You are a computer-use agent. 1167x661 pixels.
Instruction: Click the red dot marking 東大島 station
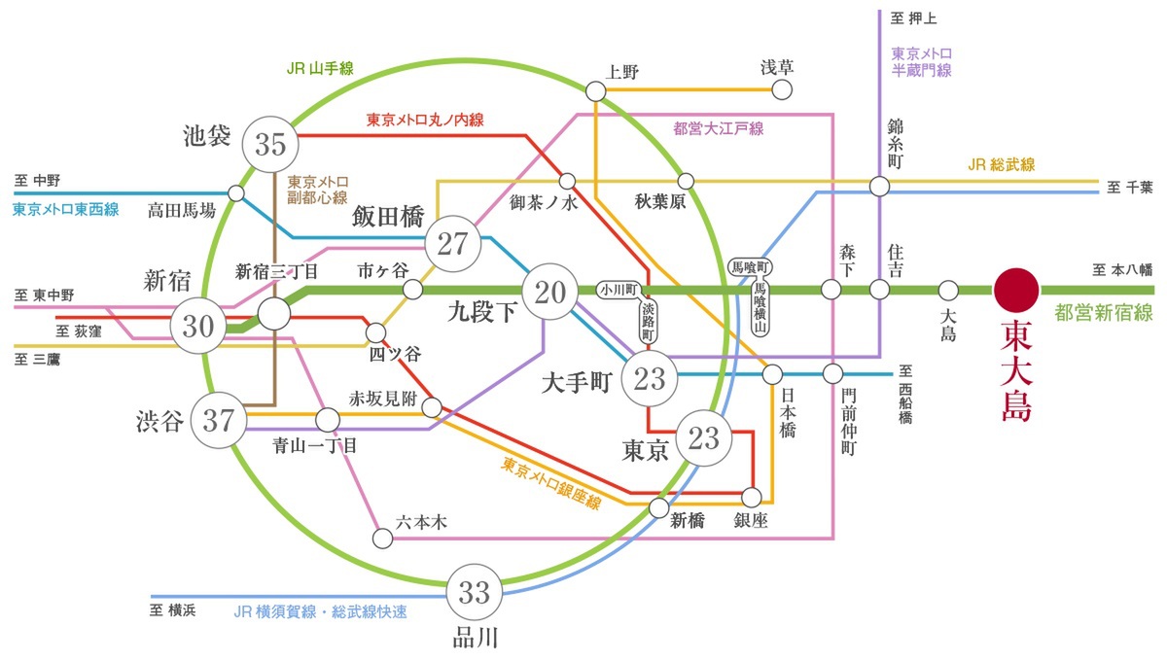(1017, 290)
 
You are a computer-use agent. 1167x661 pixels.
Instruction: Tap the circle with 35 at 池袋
(270, 144)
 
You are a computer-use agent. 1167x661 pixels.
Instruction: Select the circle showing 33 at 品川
(475, 591)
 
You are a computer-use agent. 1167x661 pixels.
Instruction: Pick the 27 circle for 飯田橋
(453, 243)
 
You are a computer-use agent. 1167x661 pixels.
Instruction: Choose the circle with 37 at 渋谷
(219, 421)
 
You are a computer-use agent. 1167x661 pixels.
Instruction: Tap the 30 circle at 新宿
(197, 326)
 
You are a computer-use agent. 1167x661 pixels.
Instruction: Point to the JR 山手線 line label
(320, 68)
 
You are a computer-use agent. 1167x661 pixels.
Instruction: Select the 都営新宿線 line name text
(1103, 313)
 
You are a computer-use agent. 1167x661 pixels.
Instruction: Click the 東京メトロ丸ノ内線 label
(425, 121)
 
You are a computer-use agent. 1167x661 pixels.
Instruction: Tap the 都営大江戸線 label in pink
(719, 128)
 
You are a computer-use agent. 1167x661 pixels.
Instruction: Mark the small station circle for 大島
(949, 290)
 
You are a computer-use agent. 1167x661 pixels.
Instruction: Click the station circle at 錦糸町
(879, 185)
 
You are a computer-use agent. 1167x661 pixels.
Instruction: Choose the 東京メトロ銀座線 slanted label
(550, 484)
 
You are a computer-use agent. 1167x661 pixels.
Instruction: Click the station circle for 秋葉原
(686, 181)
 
